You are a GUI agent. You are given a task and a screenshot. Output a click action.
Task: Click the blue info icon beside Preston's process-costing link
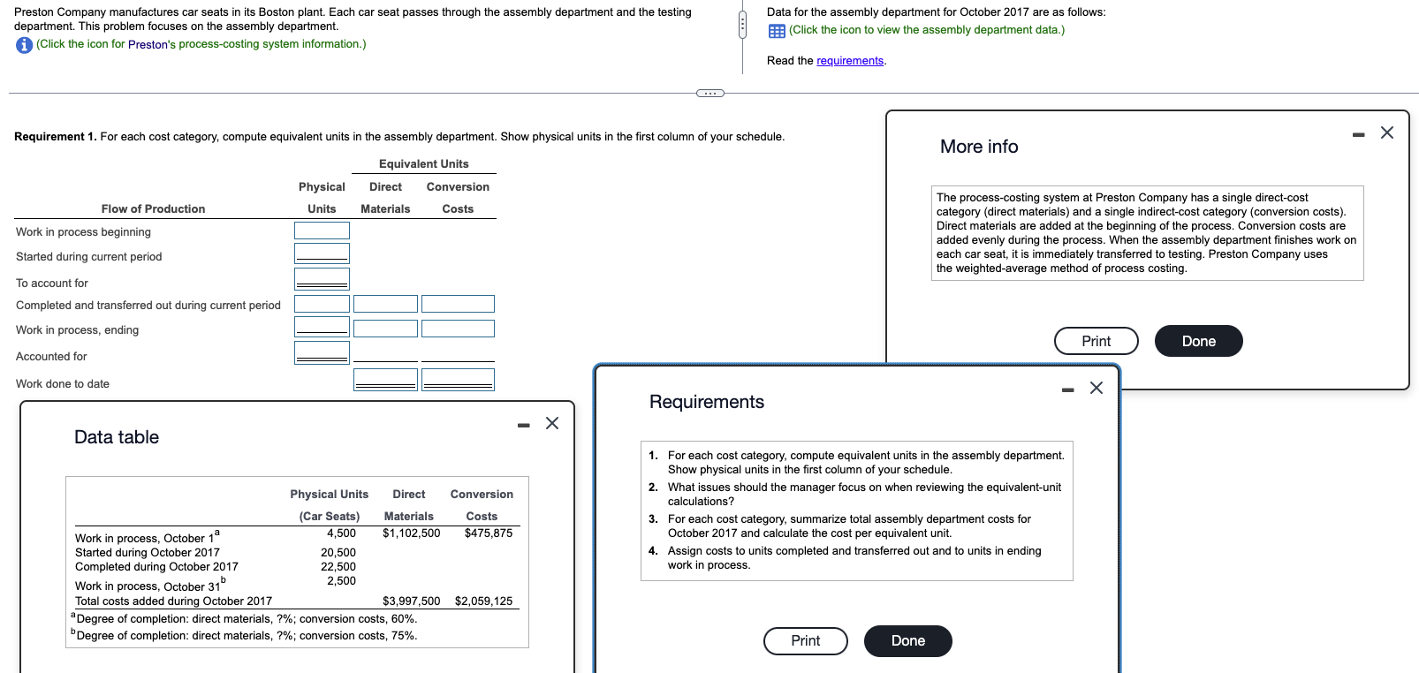pyautogui.click(x=24, y=45)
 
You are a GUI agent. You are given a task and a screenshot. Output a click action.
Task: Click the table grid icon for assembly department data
pyautogui.click(x=777, y=31)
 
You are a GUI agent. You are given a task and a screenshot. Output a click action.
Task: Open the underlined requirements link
pyautogui.click(x=849, y=61)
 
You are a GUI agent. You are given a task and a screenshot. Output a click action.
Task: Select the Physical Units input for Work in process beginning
pyautogui.click(x=322, y=231)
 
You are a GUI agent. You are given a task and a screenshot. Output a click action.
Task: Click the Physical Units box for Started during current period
pyautogui.click(x=322, y=253)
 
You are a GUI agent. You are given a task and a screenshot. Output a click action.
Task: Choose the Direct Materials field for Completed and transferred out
pyautogui.click(x=385, y=304)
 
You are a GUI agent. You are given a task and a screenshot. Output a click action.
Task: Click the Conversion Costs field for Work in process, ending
pyautogui.click(x=458, y=329)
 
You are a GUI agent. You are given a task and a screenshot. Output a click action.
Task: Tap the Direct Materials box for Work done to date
pyautogui.click(x=385, y=380)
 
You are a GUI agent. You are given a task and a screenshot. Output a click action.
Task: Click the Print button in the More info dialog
pyautogui.click(x=1096, y=341)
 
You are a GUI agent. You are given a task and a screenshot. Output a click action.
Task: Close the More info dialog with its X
pyautogui.click(x=1386, y=132)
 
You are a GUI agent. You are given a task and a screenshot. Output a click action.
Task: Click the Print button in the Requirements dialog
pyautogui.click(x=805, y=640)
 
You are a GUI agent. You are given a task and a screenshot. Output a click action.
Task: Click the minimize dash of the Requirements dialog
pyautogui.click(x=1067, y=389)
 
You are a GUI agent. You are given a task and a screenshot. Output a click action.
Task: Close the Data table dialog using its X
pyautogui.click(x=552, y=423)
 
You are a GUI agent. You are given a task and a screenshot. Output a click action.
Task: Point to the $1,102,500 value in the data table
pyautogui.click(x=411, y=533)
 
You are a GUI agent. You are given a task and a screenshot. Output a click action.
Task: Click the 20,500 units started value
pyautogui.click(x=338, y=553)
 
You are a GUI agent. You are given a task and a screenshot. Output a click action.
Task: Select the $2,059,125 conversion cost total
pyautogui.click(x=483, y=601)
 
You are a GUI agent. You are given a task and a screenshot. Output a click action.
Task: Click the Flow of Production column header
pyautogui.click(x=153, y=209)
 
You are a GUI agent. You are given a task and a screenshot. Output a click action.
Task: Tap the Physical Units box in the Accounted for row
pyautogui.click(x=322, y=353)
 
